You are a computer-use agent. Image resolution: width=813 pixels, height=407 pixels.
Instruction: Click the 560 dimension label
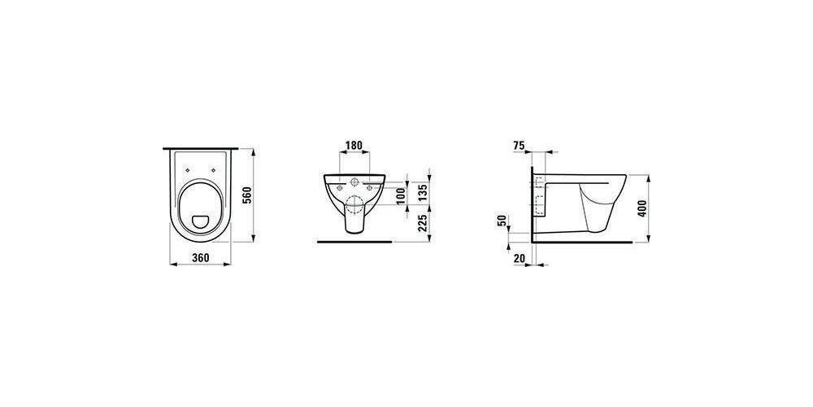tap(247, 195)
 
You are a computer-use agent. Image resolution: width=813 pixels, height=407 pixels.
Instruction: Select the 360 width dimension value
tap(201, 257)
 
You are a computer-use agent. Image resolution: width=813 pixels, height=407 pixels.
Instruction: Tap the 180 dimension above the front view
tap(354, 145)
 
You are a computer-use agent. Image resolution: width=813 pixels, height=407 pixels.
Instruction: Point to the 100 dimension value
tap(400, 196)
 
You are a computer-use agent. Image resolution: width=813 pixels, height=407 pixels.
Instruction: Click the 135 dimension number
tap(422, 193)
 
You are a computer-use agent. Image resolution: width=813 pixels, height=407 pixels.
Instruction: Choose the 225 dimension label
tap(422, 223)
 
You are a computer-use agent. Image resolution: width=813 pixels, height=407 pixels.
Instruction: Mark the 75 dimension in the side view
tap(519, 146)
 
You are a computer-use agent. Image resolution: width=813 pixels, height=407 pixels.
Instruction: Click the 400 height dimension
tap(643, 208)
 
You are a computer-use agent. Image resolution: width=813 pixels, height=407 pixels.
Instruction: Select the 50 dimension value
tap(502, 220)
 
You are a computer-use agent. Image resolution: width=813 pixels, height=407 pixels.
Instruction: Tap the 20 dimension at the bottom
tap(519, 258)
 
